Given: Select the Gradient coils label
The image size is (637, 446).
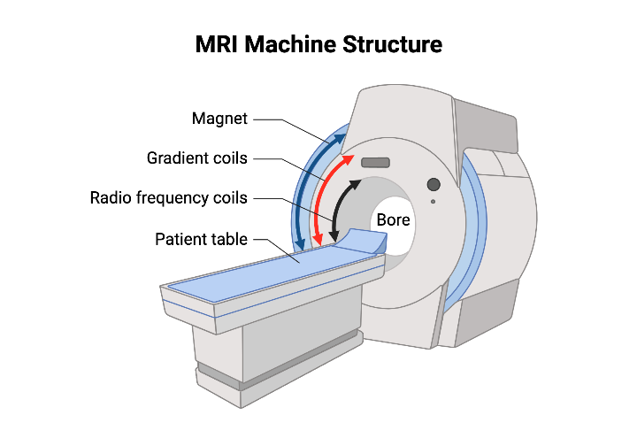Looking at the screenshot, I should pos(196,158).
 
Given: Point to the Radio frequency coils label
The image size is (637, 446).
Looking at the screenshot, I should pos(168,197).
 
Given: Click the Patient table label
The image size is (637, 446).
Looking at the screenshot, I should pos(202,239).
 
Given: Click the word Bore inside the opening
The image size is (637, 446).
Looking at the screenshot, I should pos(392,219).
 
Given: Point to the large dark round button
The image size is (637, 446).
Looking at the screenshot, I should pos(434,184).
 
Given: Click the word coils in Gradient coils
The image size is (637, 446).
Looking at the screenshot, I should pos(229,158).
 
